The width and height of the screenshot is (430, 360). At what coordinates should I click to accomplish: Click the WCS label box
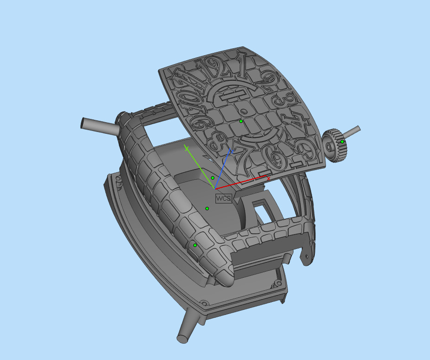[x=223, y=198]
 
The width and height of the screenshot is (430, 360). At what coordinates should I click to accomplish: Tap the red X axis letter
[x=268, y=179]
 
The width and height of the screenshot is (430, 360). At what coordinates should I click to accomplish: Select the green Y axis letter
[x=186, y=148]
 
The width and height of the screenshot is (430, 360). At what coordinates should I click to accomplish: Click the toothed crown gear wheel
[x=333, y=146]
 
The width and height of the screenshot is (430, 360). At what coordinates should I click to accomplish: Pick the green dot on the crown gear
[x=342, y=141]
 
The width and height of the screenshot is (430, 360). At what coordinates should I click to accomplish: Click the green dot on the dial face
[x=241, y=121]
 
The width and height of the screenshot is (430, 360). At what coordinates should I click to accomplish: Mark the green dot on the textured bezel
[x=195, y=245]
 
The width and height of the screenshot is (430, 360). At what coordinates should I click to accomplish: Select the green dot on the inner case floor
[x=207, y=209]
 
